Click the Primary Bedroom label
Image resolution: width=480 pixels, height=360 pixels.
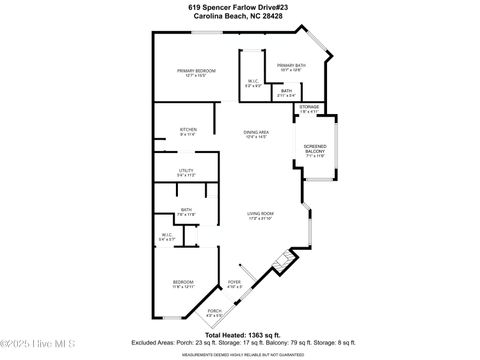[x=197, y=72]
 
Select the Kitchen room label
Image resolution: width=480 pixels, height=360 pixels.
[x=188, y=131]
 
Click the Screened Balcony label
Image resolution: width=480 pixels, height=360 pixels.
[x=315, y=152]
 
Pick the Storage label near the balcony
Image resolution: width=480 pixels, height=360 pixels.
[x=309, y=108]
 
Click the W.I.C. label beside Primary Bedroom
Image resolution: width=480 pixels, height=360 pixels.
[x=253, y=84]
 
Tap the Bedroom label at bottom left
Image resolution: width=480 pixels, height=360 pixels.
[x=183, y=285]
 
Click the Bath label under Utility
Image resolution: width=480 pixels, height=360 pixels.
[x=186, y=211]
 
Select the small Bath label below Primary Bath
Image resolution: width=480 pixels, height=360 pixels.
[x=286, y=93]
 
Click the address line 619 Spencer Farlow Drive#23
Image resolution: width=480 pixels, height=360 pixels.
[x=240, y=6]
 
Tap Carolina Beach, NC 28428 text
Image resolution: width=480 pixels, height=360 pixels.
[x=240, y=16]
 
